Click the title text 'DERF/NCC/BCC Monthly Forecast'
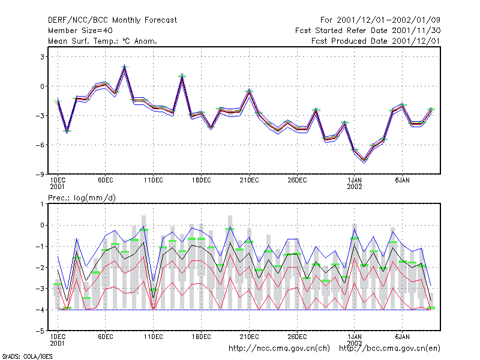pyautogui.click(x=112, y=20)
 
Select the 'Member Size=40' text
pyautogui.click(x=80, y=31)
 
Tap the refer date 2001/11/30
pyautogui.click(x=416, y=31)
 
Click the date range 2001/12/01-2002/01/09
pyautogui.click(x=388, y=20)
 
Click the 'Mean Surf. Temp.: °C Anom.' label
pyautogui.click(x=102, y=41)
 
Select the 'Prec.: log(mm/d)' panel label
pyautogui.click(x=82, y=198)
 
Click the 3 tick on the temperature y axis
pyautogui.click(x=42, y=57)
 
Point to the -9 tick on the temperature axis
pyautogui.click(x=40, y=174)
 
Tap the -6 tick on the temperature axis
pyautogui.click(x=40, y=145)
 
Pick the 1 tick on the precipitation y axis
pyautogui.click(x=42, y=204)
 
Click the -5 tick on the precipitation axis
pyautogui.click(x=40, y=331)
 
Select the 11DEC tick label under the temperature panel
pyautogui.click(x=154, y=181)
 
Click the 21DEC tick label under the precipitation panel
pyautogui.click(x=249, y=337)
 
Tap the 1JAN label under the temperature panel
pyautogui.click(x=355, y=181)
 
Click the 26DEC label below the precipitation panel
pyautogui.click(x=297, y=337)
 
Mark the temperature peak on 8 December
pyautogui.click(x=125, y=67)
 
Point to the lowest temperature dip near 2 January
pyautogui.click(x=364, y=161)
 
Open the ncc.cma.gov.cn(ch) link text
pyautogui.click(x=279, y=349)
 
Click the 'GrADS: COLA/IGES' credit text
pyautogui.click(x=27, y=356)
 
